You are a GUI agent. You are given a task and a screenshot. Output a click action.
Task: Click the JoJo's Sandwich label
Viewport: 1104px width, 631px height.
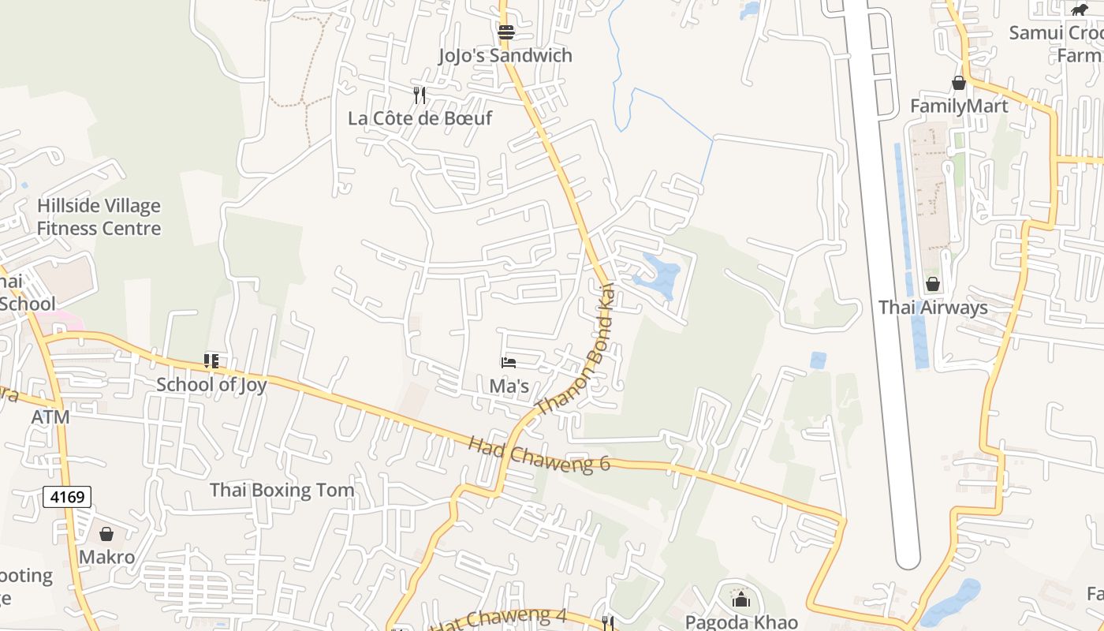point(505,56)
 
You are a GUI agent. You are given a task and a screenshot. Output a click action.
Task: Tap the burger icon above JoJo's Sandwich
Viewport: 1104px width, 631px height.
point(506,32)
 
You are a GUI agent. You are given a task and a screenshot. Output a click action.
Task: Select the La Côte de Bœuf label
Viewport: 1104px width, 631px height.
point(420,118)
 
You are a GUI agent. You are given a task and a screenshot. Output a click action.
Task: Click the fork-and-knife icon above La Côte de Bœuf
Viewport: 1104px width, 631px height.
point(420,95)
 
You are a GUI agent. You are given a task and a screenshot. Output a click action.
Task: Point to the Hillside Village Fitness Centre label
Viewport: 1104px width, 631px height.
point(99,217)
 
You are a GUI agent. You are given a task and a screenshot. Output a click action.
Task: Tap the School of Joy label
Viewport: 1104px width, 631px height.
point(211,385)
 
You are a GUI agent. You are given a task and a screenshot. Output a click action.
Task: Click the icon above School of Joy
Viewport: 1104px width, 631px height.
point(211,361)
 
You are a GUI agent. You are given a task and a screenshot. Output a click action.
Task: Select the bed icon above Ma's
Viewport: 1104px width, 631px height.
point(509,363)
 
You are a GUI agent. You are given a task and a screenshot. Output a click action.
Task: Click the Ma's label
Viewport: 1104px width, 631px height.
point(509,386)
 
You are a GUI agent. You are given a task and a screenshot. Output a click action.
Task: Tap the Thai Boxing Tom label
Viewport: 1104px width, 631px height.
point(282,490)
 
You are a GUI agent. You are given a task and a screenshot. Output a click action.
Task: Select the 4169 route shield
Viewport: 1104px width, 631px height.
point(67,497)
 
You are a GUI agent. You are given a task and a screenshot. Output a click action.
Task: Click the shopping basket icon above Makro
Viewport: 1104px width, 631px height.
point(106,534)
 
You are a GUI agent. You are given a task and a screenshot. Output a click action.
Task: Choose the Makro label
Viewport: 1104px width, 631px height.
point(106,557)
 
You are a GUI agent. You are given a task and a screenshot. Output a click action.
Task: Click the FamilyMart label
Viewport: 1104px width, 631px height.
point(959,106)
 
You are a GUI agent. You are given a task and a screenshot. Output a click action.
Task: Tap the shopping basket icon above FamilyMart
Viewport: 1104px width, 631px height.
point(959,83)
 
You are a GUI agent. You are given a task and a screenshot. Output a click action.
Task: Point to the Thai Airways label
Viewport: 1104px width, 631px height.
point(933,308)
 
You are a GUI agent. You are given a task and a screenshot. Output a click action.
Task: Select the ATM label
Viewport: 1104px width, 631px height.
point(50,416)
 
